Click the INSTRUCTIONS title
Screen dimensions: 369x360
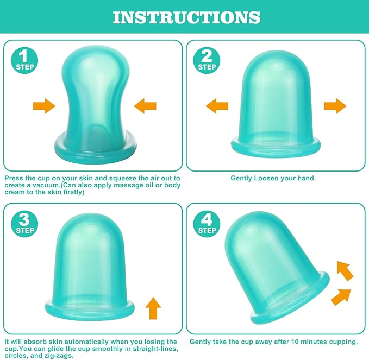pyautogui.click(x=186, y=17)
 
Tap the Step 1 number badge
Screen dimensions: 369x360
pyautogui.click(x=24, y=60)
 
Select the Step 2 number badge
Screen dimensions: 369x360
pyautogui.click(x=207, y=60)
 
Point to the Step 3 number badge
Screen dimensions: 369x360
pyautogui.click(x=24, y=224)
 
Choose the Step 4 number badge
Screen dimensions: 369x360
pyautogui.click(x=207, y=224)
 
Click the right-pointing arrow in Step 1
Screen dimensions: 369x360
pyautogui.click(x=44, y=106)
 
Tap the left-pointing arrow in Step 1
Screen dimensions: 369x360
pyautogui.click(x=145, y=106)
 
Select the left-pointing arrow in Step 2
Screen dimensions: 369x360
pyautogui.click(x=217, y=106)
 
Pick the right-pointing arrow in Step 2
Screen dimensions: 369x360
pyautogui.click(x=335, y=106)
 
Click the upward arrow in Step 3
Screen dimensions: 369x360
pyautogui.click(x=153, y=308)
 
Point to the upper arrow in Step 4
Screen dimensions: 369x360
pyautogui.click(x=345, y=270)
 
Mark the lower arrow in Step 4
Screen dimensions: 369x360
pyautogui.click(x=341, y=297)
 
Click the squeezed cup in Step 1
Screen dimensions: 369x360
pyautogui.click(x=96, y=101)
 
